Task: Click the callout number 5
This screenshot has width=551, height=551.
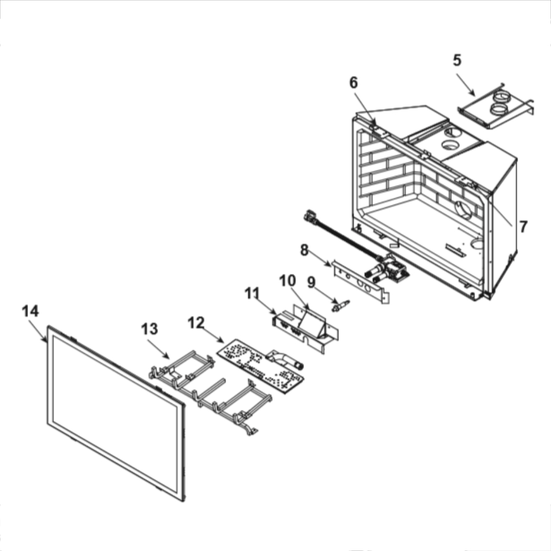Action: click(x=457, y=61)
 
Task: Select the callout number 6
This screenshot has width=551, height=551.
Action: click(x=354, y=83)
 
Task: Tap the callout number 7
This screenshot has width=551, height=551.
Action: click(x=523, y=226)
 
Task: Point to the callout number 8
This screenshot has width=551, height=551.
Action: click(x=304, y=250)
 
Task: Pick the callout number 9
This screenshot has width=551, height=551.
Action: click(x=311, y=282)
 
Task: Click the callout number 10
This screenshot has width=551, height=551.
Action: click(x=288, y=280)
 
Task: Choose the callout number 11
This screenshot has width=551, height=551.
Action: click(x=252, y=293)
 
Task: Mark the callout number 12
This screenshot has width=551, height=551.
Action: click(x=196, y=322)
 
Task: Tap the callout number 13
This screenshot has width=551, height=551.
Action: click(x=150, y=329)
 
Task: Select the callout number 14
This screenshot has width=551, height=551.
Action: click(x=30, y=311)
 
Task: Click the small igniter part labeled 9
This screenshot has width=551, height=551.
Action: click(x=341, y=305)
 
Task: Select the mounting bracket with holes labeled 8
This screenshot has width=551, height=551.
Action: click(x=360, y=281)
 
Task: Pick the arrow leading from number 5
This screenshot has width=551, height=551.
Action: click(x=466, y=85)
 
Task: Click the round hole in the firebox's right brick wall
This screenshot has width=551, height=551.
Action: click(x=464, y=210)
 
